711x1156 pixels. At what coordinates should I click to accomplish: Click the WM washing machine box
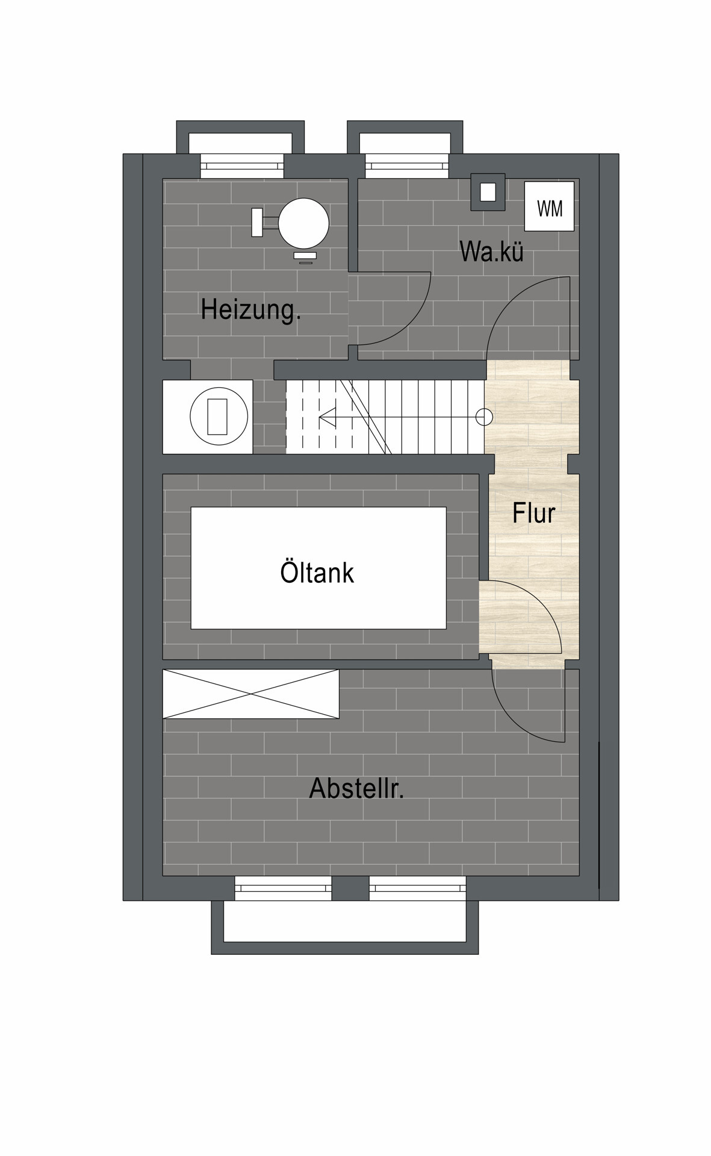click(549, 206)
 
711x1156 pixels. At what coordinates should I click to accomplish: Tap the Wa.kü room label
click(491, 251)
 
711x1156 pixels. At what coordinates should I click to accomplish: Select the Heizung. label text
click(250, 309)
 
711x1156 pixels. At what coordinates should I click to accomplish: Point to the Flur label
click(533, 513)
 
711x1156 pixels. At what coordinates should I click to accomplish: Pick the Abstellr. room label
click(356, 788)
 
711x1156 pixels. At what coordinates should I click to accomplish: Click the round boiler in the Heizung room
click(304, 223)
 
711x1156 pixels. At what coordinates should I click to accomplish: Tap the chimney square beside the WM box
click(488, 192)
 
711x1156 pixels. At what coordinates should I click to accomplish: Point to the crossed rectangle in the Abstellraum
click(251, 694)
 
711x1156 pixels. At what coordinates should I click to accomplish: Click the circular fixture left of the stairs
click(219, 417)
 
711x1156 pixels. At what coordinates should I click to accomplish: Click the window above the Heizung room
click(241, 166)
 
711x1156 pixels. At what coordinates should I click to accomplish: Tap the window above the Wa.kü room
click(407, 166)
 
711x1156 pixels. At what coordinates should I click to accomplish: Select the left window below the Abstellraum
click(283, 888)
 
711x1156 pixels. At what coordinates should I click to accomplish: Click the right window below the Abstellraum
click(417, 888)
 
